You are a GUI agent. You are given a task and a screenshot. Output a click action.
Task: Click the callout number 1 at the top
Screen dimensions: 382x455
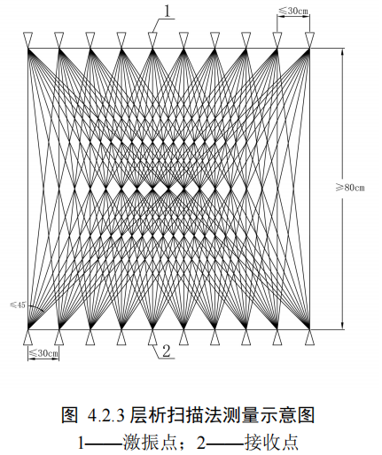[168, 12]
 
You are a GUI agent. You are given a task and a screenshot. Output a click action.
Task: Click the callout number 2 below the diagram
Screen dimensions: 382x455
[167, 351]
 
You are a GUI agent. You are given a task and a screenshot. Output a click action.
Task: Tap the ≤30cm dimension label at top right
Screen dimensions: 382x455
[293, 11]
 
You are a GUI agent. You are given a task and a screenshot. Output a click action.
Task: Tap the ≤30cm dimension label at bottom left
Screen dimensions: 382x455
[43, 353]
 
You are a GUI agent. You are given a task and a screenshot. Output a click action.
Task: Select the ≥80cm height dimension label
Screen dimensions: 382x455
[350, 188]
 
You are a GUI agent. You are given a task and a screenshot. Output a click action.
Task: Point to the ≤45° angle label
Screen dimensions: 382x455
[19, 305]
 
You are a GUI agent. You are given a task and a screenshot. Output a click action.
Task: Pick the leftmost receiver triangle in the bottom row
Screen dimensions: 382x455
[27, 337]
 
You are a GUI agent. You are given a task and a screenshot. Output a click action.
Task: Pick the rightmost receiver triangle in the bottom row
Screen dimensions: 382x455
[309, 337]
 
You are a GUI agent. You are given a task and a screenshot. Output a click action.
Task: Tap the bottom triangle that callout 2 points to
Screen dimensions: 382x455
[152, 337]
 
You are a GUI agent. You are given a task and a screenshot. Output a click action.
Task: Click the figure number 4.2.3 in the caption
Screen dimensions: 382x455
[105, 414]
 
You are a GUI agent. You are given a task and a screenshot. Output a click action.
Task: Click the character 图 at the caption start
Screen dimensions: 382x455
[70, 414]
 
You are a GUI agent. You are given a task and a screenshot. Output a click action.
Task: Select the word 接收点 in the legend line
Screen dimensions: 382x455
[271, 442]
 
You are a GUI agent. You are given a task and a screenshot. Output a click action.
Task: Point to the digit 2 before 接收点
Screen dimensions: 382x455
[201, 443]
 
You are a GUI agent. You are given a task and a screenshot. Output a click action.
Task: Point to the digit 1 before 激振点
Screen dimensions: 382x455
[81, 443]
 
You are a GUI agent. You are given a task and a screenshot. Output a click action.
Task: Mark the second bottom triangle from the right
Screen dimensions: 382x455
[278, 337]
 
